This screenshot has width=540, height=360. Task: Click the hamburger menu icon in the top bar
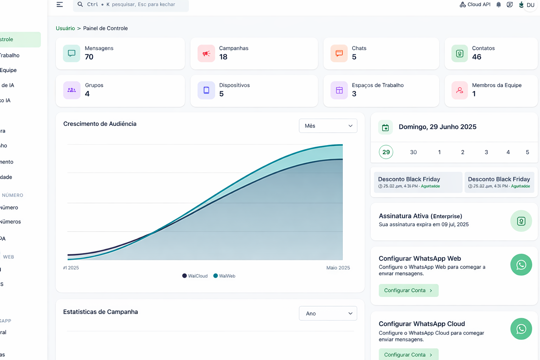[60, 5]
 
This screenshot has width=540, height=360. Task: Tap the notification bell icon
[499, 5]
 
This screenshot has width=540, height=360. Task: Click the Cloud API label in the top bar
[475, 5]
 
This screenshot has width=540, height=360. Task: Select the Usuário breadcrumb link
[65, 28]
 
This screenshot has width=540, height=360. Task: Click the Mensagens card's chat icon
[72, 53]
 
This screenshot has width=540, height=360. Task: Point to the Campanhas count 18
[223, 57]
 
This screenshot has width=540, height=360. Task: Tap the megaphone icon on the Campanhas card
[206, 53]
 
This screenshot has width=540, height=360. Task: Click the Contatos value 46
[477, 57]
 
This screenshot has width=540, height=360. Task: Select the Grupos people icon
[72, 90]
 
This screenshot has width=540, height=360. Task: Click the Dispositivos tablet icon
[206, 90]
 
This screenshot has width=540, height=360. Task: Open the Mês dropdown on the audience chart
[328, 126]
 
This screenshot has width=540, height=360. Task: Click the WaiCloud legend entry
[195, 276]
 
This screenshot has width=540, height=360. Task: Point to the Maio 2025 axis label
[338, 268]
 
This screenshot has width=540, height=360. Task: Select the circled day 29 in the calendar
[386, 152]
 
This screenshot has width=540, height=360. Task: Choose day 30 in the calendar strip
[413, 152]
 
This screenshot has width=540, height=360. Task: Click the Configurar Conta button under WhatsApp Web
[409, 290]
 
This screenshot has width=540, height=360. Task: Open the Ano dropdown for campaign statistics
[328, 314]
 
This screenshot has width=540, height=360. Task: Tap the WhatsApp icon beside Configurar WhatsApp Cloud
[521, 329]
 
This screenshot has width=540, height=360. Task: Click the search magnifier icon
[80, 5]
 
